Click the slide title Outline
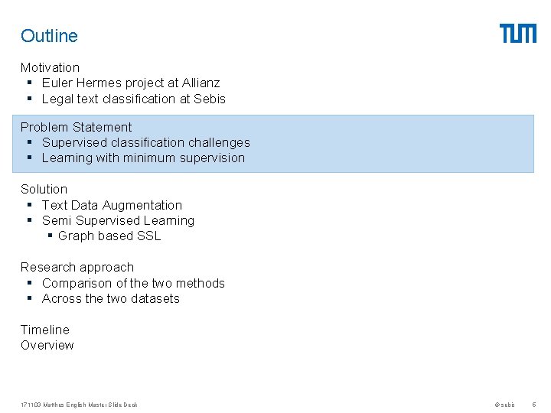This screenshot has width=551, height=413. click(x=49, y=36)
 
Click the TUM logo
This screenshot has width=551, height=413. click(x=518, y=34)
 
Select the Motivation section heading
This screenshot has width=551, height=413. click(x=50, y=67)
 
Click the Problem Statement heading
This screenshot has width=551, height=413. click(x=76, y=127)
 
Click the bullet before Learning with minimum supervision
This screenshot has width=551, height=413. click(x=29, y=158)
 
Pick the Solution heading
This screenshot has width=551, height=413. click(x=44, y=189)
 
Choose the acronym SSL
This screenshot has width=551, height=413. click(x=148, y=236)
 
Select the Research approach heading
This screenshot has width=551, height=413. click(x=77, y=267)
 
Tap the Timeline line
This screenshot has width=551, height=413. click(x=44, y=330)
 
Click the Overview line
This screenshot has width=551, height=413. click(x=47, y=345)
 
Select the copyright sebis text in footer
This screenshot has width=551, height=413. click(x=504, y=405)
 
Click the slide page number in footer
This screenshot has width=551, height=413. click(x=533, y=405)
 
